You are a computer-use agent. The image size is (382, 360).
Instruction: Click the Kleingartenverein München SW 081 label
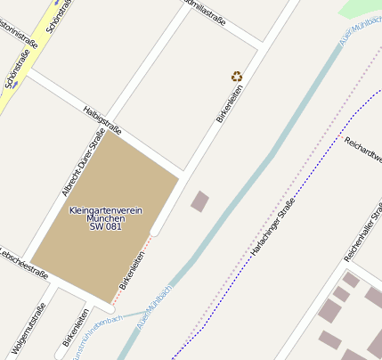[x=105, y=218]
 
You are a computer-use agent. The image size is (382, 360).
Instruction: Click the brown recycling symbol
[x=236, y=77]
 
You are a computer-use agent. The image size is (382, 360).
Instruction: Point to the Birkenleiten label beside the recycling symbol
[x=230, y=103]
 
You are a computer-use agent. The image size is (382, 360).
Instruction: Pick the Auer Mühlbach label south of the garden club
[x=154, y=307]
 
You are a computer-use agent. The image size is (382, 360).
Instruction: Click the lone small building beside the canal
[x=200, y=201]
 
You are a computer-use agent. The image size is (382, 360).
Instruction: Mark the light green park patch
[x=361, y=8]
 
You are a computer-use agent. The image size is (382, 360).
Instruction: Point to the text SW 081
[x=105, y=227]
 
